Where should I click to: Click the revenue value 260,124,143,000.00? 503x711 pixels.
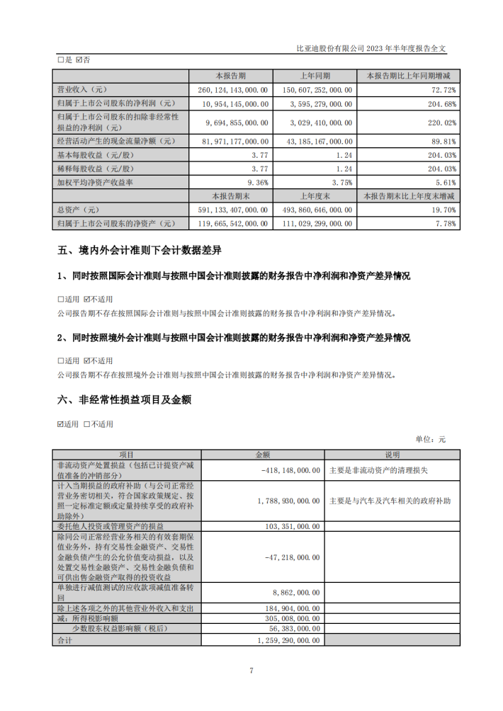click(231, 90)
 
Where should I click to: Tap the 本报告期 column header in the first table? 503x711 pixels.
click(230, 75)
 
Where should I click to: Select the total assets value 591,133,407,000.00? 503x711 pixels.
click(231, 210)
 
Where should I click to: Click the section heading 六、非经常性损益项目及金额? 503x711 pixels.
click(124, 400)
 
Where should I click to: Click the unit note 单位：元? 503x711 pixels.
click(431, 440)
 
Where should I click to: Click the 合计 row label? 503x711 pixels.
click(64, 639)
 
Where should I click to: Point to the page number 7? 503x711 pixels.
click(251, 671)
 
